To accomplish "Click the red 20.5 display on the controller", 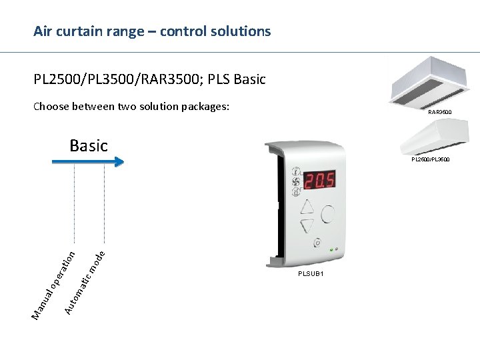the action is pos(320,180).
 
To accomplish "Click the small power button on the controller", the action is pos(317,243).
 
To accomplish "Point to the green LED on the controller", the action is pos(331,249).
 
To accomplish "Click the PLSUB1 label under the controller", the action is pos(311,274).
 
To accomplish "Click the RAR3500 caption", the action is pos(439,112).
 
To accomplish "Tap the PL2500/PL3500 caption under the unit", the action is pos(430,159).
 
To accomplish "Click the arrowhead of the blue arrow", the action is pos(119,161).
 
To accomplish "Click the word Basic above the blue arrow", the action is pos(88,145).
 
